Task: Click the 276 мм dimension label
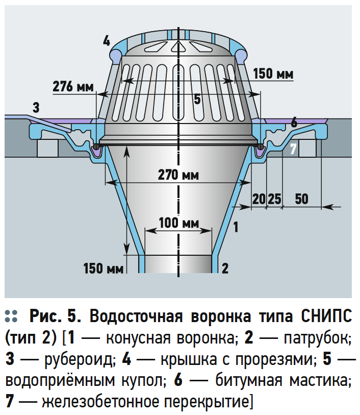73,86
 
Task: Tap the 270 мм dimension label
178,175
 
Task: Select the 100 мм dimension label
178,223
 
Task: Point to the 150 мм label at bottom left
104,268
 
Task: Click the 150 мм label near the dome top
273,74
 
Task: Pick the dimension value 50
301,199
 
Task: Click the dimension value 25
275,199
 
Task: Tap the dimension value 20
259,199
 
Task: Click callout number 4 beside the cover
106,41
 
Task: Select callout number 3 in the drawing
36,108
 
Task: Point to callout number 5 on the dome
197,99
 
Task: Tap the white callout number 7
293,149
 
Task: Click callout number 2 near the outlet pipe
225,268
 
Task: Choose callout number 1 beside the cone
236,227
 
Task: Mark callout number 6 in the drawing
294,123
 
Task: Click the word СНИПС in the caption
326,316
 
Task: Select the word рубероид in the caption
80,359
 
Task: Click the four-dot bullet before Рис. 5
11,316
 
